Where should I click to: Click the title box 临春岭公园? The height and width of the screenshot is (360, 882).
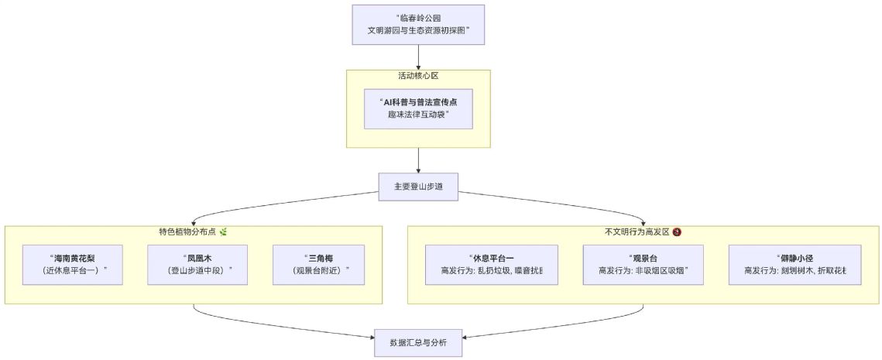[418, 25]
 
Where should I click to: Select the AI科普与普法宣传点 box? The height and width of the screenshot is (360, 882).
[418, 108]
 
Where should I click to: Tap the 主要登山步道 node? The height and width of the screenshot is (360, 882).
[418, 187]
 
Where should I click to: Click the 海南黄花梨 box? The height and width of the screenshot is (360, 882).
[73, 265]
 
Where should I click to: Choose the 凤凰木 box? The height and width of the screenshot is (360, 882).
[197, 265]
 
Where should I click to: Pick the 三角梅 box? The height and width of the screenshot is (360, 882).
[322, 265]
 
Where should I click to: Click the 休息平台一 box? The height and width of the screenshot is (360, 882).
[492, 265]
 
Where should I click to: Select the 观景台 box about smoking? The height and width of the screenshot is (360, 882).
[643, 265]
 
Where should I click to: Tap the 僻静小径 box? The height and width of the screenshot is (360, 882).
[794, 265]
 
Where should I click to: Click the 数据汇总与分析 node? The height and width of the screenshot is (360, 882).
[418, 341]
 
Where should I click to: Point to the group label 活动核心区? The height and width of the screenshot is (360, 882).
[418, 76]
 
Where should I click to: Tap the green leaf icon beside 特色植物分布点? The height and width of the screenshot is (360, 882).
[223, 231]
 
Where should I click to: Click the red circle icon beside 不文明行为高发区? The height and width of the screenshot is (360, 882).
[677, 231]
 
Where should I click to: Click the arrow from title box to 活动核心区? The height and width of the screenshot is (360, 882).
[418, 57]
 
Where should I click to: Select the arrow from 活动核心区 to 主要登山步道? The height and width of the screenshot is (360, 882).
[418, 159]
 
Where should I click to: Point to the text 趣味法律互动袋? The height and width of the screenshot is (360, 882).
[418, 115]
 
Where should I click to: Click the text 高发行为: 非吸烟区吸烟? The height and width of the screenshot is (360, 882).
[643, 271]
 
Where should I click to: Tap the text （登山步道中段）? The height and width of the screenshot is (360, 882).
[197, 271]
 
